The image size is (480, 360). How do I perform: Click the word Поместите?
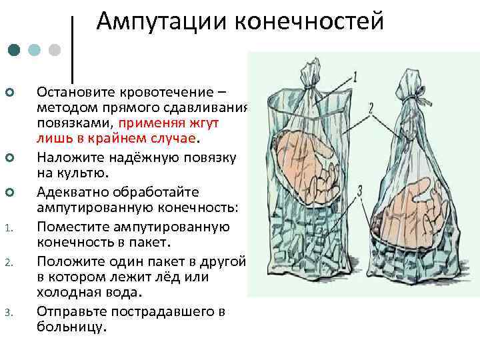[73, 227]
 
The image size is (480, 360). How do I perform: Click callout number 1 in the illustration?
[355, 74]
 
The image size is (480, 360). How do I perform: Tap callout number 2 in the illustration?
[370, 107]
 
